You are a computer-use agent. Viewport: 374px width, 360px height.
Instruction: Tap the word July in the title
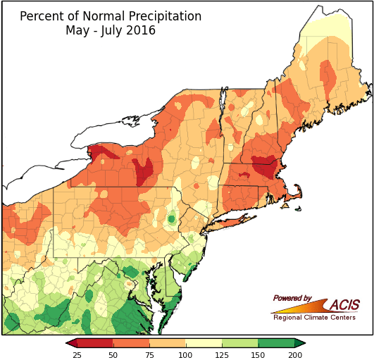[111, 31]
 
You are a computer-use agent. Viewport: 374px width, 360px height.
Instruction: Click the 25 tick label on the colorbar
[77, 355]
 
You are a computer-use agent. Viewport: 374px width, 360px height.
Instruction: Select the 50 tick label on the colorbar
[113, 355]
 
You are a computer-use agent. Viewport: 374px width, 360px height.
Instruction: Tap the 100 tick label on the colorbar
[186, 355]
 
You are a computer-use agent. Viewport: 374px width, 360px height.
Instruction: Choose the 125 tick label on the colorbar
[222, 355]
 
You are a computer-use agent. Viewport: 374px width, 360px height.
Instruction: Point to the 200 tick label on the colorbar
[295, 355]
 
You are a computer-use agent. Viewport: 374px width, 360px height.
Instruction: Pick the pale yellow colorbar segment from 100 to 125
[204, 343]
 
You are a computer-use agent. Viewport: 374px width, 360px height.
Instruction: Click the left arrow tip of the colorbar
[68, 343]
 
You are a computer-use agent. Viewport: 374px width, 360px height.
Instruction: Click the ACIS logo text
[343, 304]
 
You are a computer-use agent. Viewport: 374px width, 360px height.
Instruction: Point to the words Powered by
[292, 299]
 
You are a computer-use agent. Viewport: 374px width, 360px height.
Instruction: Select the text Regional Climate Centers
[314, 318]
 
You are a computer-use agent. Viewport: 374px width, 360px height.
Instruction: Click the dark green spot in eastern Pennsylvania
[171, 220]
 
